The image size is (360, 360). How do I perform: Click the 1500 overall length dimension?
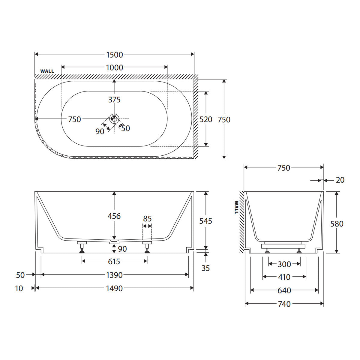pos(115,55)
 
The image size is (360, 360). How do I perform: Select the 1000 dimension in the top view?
pos(115,67)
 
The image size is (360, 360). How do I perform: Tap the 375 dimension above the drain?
pos(114,100)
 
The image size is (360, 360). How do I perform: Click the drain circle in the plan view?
pos(114,118)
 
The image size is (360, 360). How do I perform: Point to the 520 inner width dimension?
pos(206,120)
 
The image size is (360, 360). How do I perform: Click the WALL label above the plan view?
pos(47,71)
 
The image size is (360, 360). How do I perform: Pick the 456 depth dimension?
pos(114,216)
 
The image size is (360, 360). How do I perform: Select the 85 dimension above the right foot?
pos(147,219)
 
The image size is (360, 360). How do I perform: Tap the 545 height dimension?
pos(205,221)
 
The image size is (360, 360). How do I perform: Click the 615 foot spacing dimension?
pos(114,262)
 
